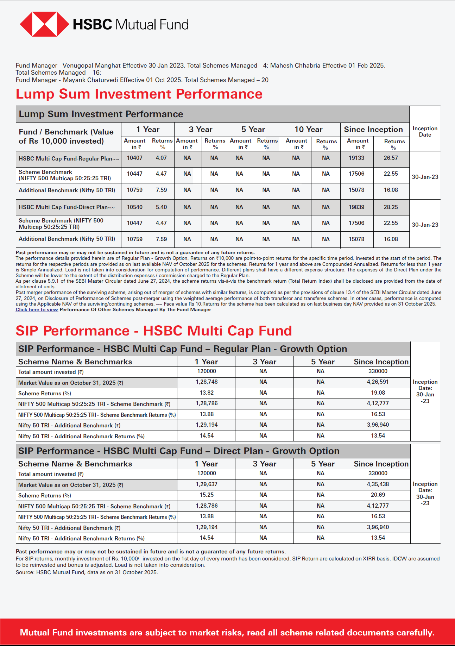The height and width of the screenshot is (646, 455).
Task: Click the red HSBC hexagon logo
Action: coord(44,24)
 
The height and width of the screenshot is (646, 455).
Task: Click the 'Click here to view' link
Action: coord(37,309)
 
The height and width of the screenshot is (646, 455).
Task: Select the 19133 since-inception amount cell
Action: coord(356,158)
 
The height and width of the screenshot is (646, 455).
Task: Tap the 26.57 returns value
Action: coord(391,158)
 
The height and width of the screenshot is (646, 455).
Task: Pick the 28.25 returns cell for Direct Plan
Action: coord(391,207)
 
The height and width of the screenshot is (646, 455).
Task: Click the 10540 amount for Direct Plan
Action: coord(135,207)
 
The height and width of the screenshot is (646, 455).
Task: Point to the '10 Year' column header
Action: coord(308,130)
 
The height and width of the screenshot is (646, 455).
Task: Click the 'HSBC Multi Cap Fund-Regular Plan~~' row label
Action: coord(69,159)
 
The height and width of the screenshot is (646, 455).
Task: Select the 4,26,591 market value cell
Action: coord(378,382)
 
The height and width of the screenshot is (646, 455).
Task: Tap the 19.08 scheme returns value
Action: coord(378,393)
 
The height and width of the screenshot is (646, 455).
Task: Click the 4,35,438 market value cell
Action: coord(378,484)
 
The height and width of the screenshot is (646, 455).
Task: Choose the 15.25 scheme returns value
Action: coord(207,495)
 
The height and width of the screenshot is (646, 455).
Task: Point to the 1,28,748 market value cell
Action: coord(207,382)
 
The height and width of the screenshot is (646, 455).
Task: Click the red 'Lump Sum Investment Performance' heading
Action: coord(139,94)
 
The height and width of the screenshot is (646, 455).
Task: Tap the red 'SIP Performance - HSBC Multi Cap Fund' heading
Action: coord(154,331)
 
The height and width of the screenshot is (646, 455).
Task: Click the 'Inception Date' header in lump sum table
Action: coord(425,132)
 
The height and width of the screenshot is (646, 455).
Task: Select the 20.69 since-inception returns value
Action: coord(378,495)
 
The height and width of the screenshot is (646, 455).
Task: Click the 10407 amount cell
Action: coord(135,158)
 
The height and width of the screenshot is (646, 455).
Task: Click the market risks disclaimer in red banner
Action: coord(227,633)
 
